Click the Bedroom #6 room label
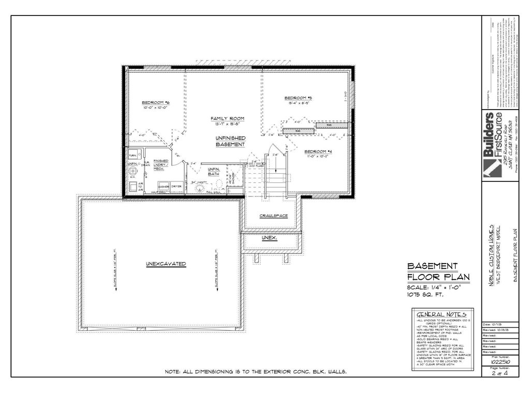tap(156, 103)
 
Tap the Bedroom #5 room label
tap(298, 98)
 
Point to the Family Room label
tap(227, 118)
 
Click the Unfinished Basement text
tap(230, 141)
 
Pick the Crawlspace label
tap(273, 216)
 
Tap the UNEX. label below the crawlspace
tap(269, 238)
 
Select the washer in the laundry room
tap(165, 186)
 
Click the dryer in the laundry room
tap(177, 186)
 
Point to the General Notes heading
tap(441, 314)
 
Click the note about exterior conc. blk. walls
tap(255, 372)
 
